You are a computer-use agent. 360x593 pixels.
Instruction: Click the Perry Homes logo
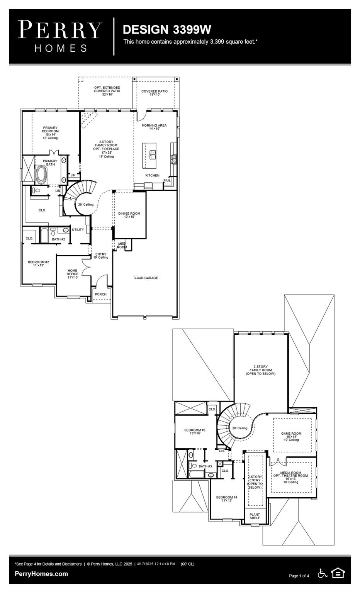(60, 36)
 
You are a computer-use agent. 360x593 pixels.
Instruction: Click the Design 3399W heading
(167, 29)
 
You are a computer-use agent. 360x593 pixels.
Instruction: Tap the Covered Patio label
(155, 93)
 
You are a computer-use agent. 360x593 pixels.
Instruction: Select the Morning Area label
(154, 127)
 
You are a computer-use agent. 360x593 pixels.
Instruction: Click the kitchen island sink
(153, 154)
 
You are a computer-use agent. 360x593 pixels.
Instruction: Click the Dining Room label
(129, 215)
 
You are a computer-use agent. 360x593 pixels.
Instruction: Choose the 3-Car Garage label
(146, 278)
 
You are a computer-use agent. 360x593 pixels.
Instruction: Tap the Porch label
(100, 294)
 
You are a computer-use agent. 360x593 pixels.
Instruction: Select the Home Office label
(72, 274)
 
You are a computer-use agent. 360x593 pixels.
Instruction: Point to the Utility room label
(78, 230)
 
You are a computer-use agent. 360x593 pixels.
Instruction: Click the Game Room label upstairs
(291, 436)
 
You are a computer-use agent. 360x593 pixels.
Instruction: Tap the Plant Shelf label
(255, 516)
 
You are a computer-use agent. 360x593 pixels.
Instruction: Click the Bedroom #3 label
(195, 432)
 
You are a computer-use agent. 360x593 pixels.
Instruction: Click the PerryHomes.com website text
(41, 574)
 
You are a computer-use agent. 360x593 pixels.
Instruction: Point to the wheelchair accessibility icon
(322, 573)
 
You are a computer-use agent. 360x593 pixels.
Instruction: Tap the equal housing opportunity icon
(338, 573)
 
